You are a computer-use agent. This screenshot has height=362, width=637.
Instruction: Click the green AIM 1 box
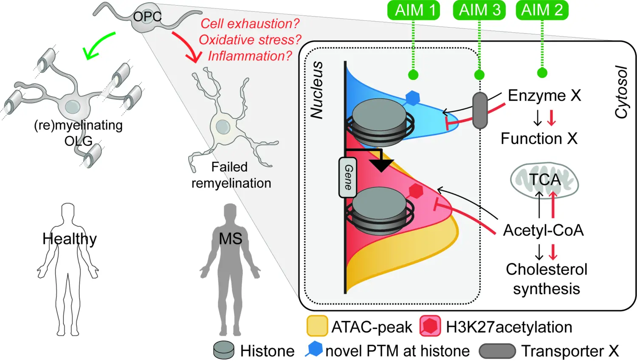pos(413,10)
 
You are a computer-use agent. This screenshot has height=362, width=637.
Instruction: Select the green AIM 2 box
pos(542,10)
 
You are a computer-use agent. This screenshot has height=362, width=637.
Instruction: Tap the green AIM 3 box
pos(479,10)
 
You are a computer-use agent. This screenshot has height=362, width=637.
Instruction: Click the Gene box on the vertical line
pos(347,177)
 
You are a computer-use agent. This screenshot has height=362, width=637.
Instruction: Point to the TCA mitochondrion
pos(544,180)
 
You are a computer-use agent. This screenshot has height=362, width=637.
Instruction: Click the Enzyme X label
pos(544,95)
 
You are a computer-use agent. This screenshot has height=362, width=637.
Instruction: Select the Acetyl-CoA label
pos(543,230)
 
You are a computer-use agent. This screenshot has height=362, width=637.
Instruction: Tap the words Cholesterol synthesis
pos(547,279)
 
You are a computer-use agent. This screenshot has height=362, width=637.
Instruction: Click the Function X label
pos(539,138)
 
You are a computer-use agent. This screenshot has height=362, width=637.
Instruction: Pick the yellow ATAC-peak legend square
pos(317,326)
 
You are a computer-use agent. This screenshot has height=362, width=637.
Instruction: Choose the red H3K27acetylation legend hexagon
pos(430,326)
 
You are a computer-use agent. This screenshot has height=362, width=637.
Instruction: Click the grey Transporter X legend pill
pos(497,351)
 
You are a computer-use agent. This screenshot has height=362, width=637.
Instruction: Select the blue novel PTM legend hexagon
pos(314,349)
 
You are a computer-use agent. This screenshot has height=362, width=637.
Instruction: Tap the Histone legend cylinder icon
pos(224,350)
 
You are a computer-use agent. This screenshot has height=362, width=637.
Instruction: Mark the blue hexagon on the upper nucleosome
pos(412,98)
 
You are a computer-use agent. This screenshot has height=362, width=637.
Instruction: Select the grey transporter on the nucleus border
pos(480,110)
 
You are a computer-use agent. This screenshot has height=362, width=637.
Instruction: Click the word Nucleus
pos(317,90)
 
